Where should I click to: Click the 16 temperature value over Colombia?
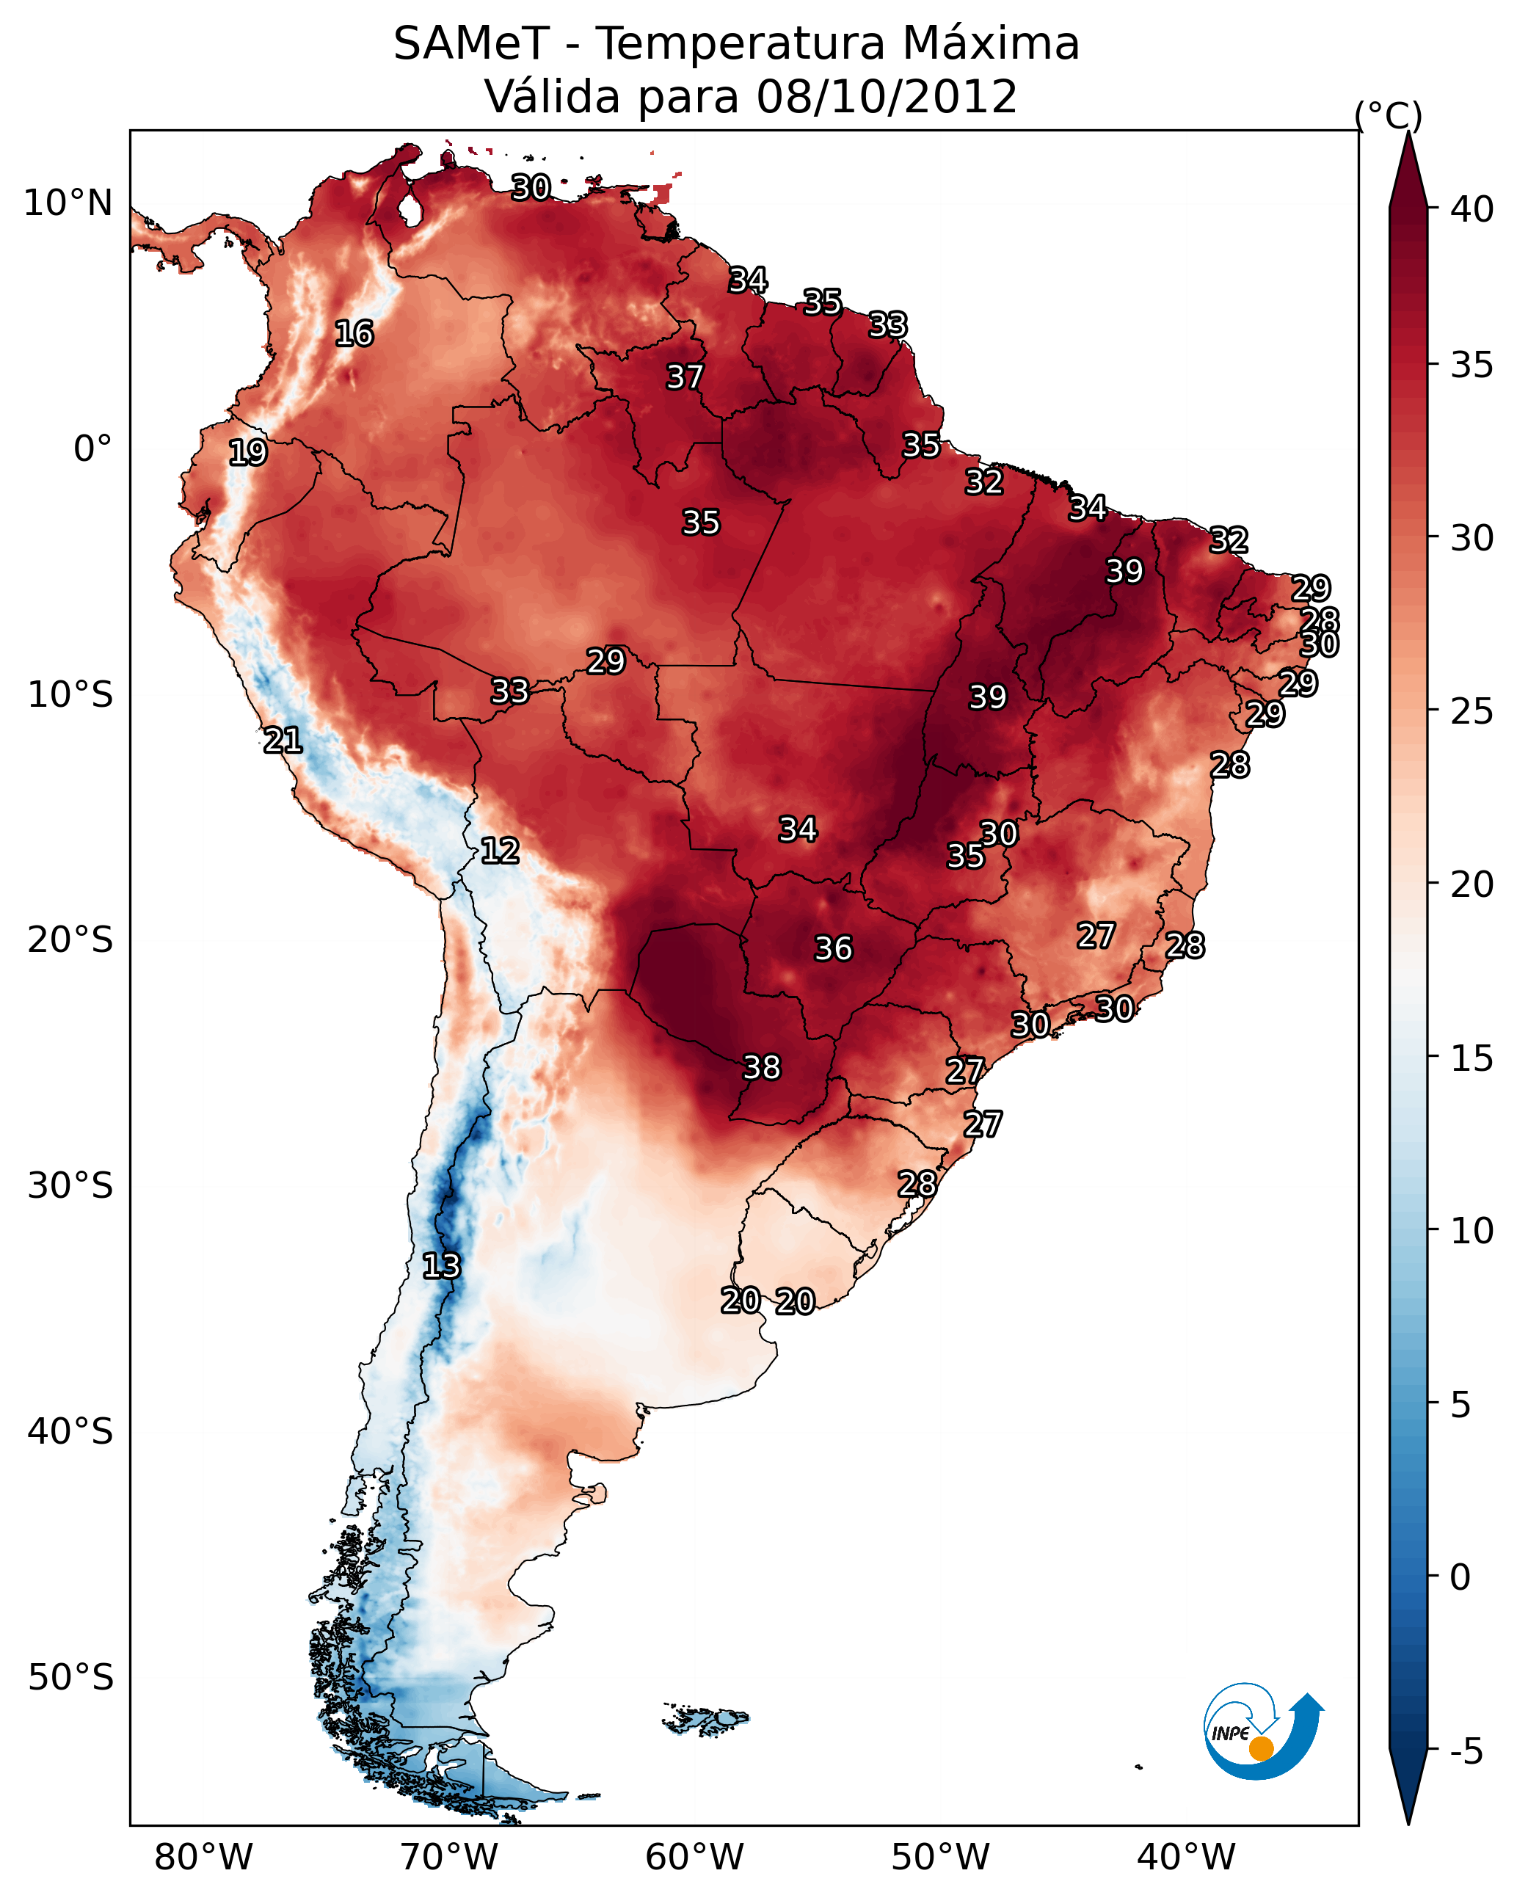tap(354, 334)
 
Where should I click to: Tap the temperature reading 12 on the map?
tap(500, 851)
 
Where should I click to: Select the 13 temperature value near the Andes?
tap(441, 1266)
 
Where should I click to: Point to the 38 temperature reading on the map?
tap(762, 1068)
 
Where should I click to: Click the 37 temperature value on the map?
tap(685, 377)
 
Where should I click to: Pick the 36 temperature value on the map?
tap(833, 949)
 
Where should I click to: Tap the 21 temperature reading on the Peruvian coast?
tap(283, 741)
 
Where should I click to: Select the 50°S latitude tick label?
tap(70, 1678)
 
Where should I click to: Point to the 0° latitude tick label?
tap(92, 449)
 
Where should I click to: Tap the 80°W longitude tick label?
tap(203, 1857)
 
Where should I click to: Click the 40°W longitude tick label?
tap(1186, 1857)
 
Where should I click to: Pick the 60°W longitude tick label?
tap(695, 1857)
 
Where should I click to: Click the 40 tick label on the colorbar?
tap(1473, 209)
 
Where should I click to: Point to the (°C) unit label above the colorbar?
tap(1388, 115)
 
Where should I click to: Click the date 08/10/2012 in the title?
tap(887, 97)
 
